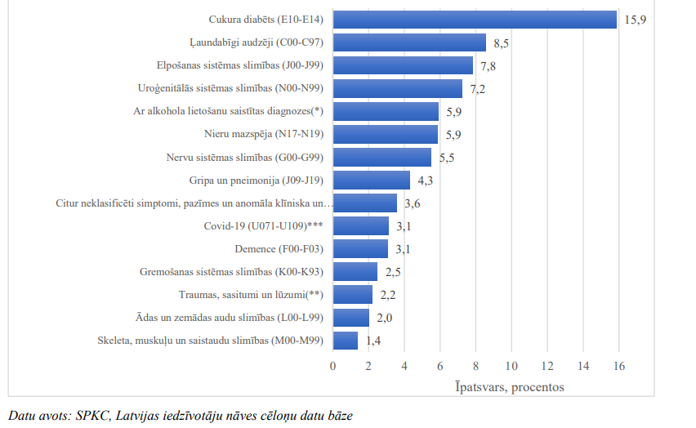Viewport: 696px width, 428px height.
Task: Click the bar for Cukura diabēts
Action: point(474,19)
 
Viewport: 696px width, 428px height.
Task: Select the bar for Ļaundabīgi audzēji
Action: point(409,42)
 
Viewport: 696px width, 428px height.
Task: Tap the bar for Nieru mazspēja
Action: point(385,134)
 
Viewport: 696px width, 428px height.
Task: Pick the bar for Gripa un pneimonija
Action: point(371,180)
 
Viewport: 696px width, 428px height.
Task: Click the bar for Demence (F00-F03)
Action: point(360,248)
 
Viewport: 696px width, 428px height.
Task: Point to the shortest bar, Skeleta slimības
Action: point(345,340)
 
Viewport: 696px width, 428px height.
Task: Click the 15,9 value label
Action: point(636,19)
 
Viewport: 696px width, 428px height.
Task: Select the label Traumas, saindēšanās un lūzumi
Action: point(251,295)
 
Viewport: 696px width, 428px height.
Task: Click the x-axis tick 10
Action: point(511,366)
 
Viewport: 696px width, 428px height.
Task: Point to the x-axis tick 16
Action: point(618,366)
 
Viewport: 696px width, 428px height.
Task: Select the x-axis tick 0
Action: point(332,366)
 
